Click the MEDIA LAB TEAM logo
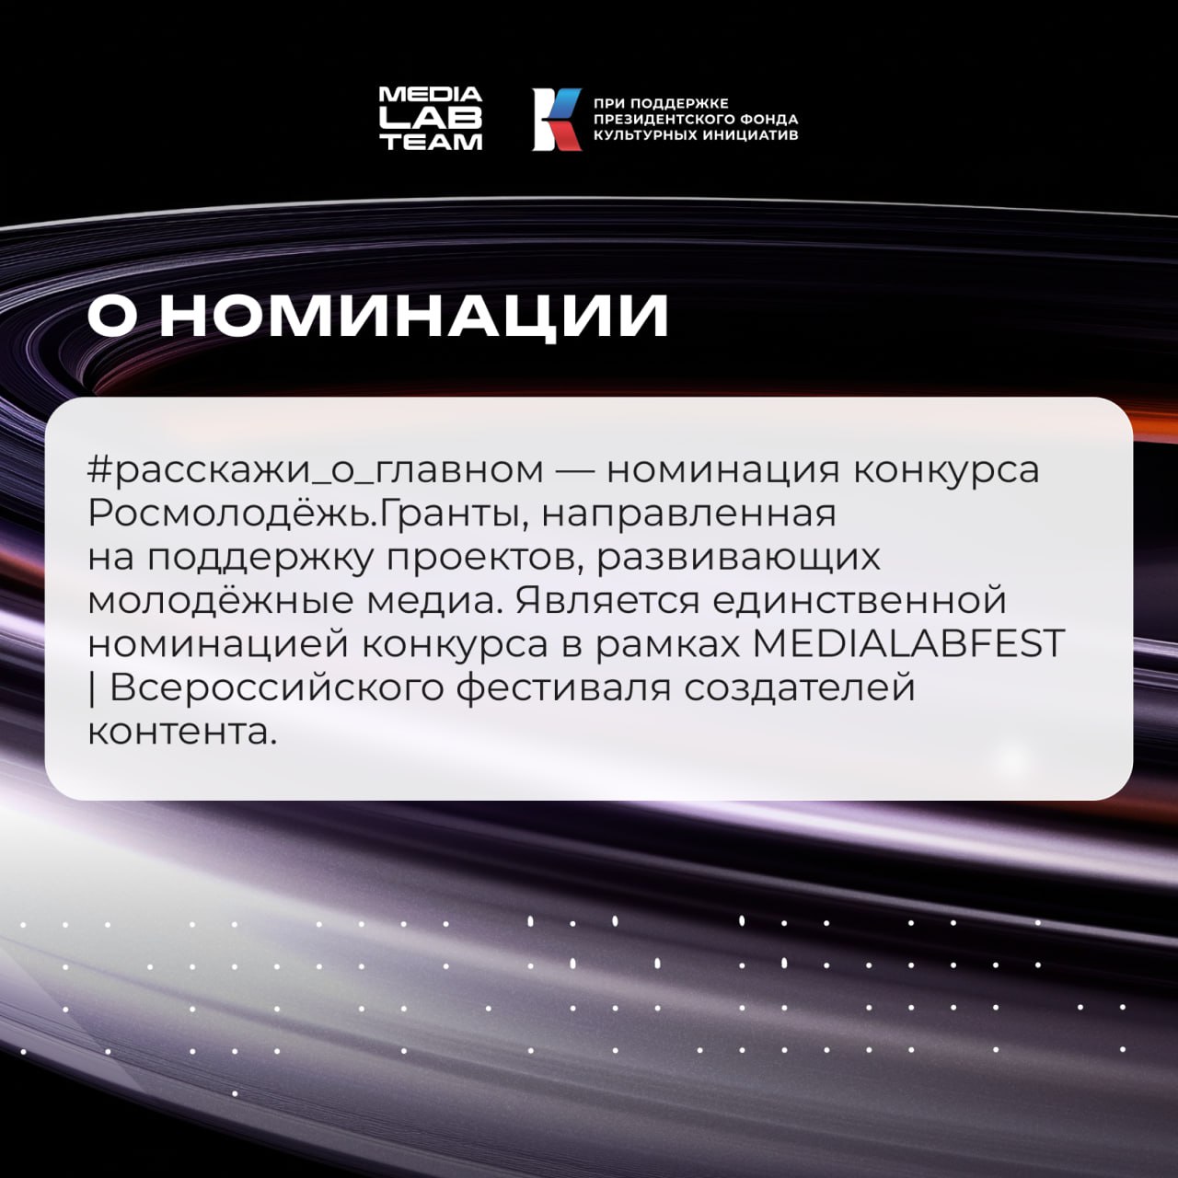431,119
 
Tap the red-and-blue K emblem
556,119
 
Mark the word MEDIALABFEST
908,645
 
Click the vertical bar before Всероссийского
93,689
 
